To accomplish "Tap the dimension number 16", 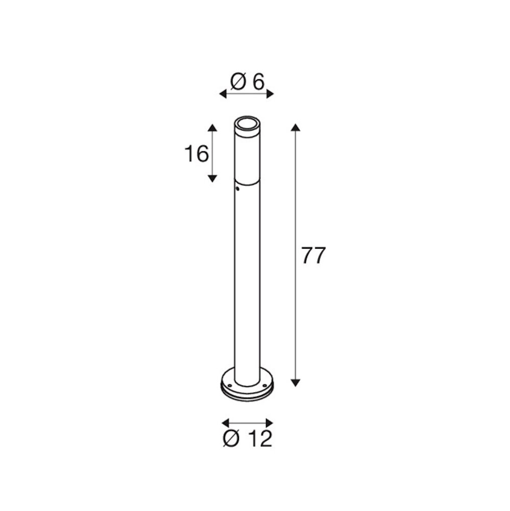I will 197,153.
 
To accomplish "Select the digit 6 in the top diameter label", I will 258,82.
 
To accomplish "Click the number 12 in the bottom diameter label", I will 261,439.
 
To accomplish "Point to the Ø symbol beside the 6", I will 238,82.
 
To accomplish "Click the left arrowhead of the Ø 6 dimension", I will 223,94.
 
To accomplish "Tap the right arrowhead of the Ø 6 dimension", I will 270,94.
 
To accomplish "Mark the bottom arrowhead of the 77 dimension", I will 295,382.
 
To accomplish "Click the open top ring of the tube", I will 247,123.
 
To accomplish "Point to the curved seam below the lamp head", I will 248,182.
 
